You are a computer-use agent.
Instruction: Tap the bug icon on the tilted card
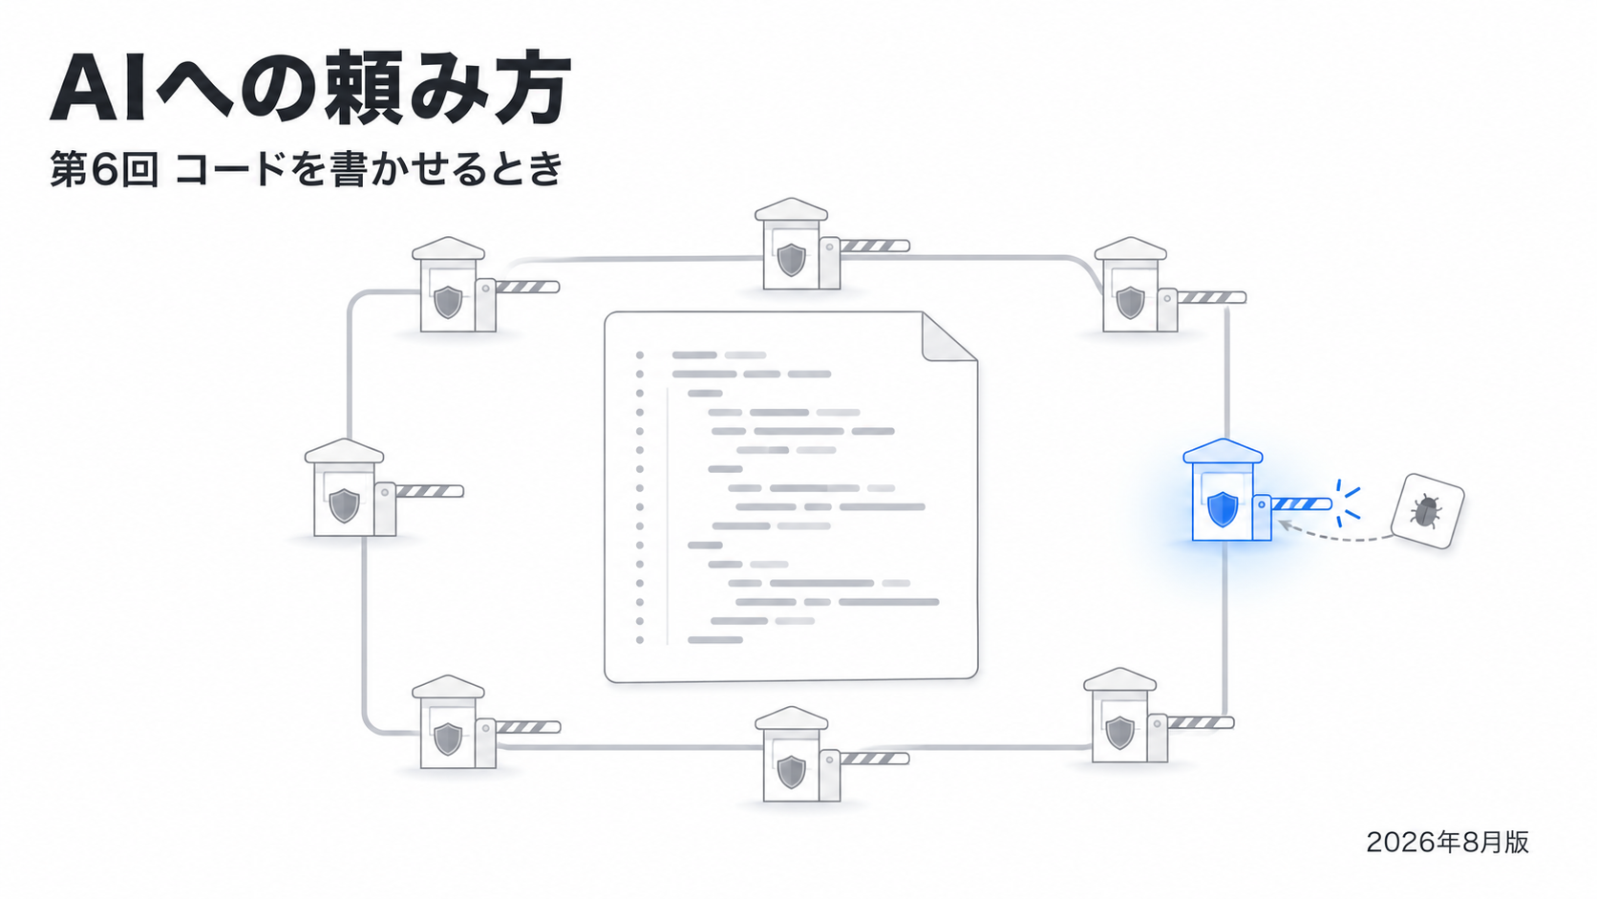(x=1426, y=511)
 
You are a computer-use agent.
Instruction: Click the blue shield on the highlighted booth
(x=1223, y=509)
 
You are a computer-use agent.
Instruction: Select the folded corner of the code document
(x=948, y=337)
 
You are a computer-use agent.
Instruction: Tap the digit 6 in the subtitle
(x=104, y=171)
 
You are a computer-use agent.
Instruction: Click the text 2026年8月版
(x=1447, y=842)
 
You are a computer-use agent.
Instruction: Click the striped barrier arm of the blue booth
(x=1301, y=504)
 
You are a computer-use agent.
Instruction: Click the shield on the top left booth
(x=448, y=302)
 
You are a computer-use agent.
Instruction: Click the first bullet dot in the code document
(x=640, y=355)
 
